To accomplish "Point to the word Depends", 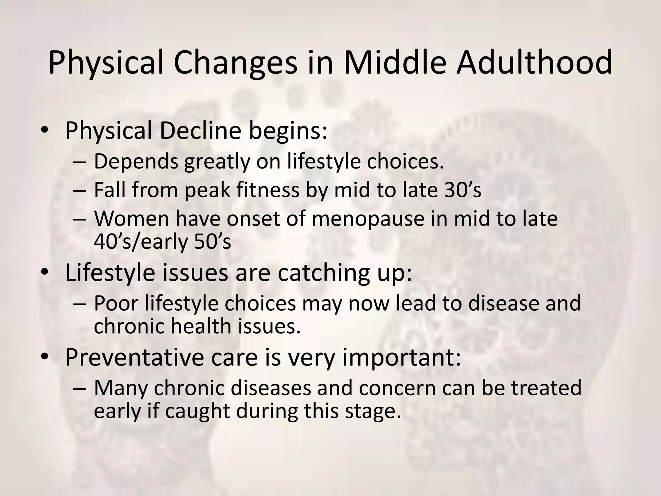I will tap(136, 161).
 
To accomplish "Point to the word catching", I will tap(323, 273).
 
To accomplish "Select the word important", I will tap(401, 357).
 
